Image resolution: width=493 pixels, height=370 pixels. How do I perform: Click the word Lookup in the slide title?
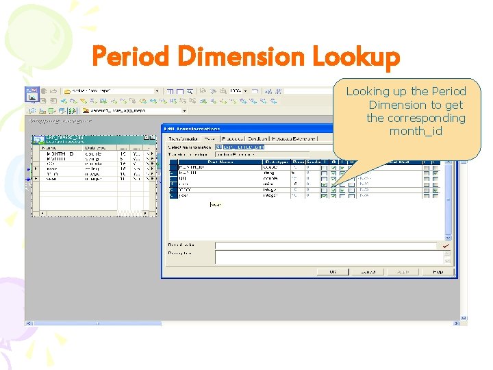point(355,58)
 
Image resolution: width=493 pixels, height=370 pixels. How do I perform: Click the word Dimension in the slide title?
point(239,58)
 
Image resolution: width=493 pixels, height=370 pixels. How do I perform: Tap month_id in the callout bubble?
point(416,131)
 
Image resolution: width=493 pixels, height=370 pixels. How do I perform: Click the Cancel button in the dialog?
point(368,271)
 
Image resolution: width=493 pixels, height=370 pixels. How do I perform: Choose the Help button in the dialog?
point(437,271)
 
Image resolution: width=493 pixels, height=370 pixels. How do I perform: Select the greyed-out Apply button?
point(403,271)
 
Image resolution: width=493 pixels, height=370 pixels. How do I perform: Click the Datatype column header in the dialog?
point(275,161)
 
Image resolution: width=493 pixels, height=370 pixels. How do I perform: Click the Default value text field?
point(325,245)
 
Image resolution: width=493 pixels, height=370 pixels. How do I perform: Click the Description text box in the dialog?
point(325,256)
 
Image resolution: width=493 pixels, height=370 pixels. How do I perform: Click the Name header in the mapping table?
point(50,147)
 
